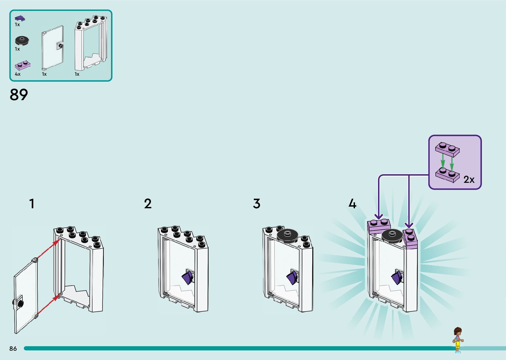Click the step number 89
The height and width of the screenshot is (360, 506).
pos(19,95)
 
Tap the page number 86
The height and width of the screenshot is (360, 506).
pos(13,348)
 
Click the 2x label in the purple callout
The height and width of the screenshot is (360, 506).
pos(469,180)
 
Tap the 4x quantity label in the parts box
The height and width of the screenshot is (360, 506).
pos(18,74)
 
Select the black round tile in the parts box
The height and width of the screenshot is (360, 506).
pos(22,41)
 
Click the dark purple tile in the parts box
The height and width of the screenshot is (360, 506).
pos(20,18)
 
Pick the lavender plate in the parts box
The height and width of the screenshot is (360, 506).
pos(22,65)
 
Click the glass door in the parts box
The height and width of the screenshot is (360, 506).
pos(53,48)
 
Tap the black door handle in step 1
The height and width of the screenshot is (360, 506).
pos(18,302)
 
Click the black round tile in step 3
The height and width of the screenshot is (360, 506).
pos(287,236)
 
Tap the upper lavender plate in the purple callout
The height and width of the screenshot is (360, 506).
pos(447,149)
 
